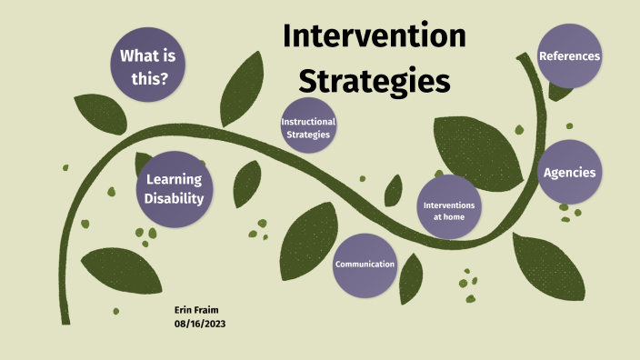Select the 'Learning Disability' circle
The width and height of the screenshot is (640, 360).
tap(173, 188)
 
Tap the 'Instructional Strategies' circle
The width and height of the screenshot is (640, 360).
tap(308, 128)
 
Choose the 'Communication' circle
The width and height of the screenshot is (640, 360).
tap(365, 265)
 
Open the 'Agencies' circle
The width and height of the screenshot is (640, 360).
tap(570, 172)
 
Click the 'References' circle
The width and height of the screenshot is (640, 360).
tap(569, 56)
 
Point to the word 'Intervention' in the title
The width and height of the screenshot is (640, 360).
tap(374, 35)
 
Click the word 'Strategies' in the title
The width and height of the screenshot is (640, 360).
tap(375, 80)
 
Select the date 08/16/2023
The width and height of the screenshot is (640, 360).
tap(199, 324)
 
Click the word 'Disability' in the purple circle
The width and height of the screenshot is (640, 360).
tap(173, 198)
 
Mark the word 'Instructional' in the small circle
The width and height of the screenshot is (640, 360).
tap(308, 122)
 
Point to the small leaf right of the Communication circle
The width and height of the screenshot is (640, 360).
tap(411, 277)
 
